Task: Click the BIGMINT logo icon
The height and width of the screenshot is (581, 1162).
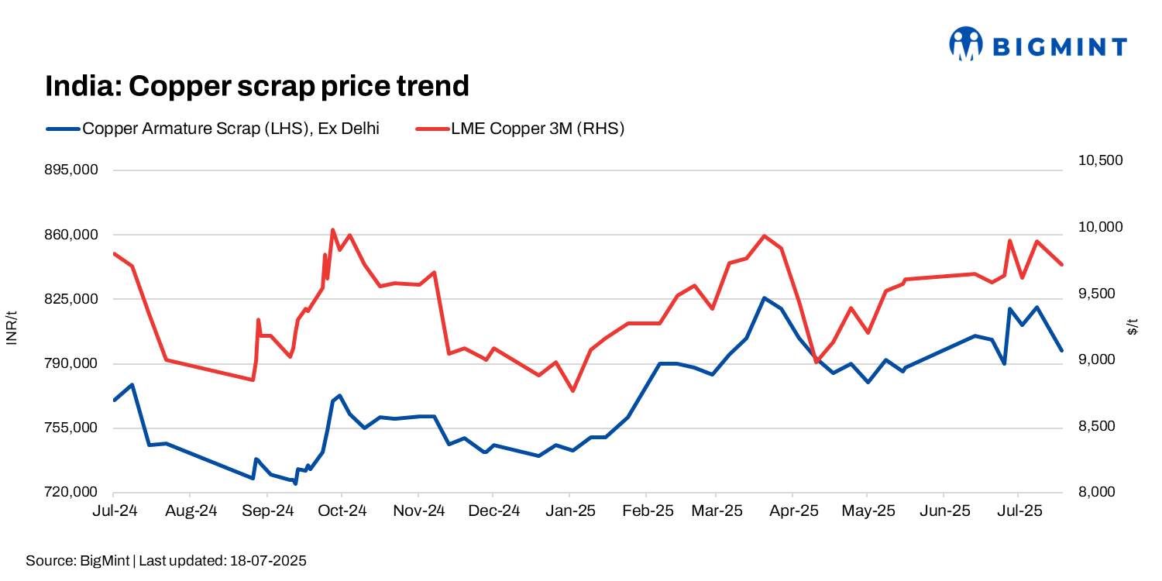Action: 966,44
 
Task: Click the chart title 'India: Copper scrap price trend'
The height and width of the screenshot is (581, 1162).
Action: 257,86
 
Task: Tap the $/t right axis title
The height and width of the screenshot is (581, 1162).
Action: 1133,327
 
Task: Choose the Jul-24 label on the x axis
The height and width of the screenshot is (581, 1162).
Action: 114,511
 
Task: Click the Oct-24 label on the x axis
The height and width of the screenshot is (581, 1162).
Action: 342,511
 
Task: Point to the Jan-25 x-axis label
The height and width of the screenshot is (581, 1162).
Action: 569,511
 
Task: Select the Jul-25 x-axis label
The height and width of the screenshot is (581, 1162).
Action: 1017,511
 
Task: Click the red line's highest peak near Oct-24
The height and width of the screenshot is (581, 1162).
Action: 332,230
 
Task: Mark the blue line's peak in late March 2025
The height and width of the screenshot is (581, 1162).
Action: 764,298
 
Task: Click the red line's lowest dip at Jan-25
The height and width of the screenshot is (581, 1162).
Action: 572,390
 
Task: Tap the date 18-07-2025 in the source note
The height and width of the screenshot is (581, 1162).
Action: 268,561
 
